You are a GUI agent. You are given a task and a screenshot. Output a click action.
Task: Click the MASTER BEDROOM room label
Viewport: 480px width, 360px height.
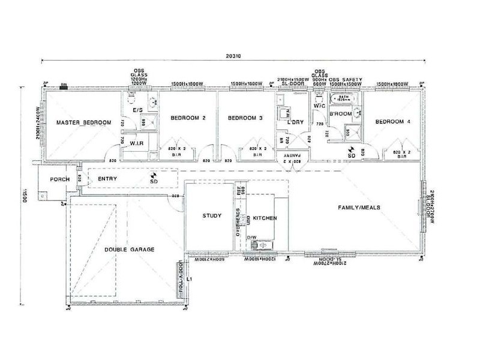pyautogui.click(x=83, y=123)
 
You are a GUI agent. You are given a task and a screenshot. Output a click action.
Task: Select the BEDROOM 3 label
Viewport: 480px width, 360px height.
pyautogui.click(x=245, y=119)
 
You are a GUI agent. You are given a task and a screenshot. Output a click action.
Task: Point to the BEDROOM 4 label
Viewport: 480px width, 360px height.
pyautogui.click(x=393, y=122)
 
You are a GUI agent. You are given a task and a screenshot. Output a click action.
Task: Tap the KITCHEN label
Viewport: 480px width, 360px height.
pyautogui.click(x=265, y=218)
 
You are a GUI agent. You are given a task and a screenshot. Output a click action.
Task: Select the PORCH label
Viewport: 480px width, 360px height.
pyautogui.click(x=60, y=179)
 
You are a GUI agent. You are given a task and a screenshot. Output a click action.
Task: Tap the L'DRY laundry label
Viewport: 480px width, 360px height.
pyautogui.click(x=297, y=122)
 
